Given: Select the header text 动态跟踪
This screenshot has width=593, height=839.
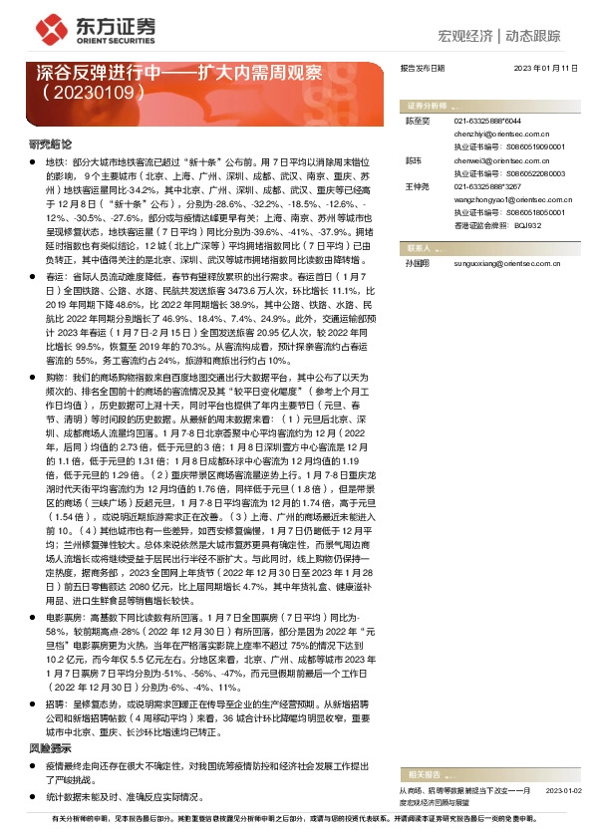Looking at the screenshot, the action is tap(537, 37).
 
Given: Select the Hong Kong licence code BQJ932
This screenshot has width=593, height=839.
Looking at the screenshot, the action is tap(527, 225).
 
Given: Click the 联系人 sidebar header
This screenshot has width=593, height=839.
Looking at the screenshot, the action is tap(419, 246).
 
